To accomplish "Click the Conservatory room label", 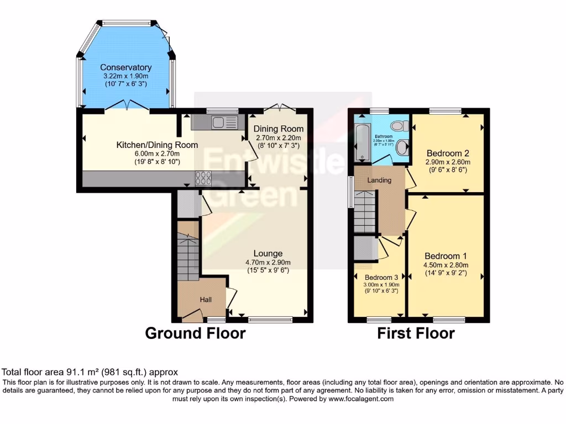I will (x=125, y=67).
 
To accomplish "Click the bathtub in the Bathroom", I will (x=362, y=142).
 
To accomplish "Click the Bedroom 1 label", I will (x=446, y=256).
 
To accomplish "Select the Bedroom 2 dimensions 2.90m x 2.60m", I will (x=448, y=162).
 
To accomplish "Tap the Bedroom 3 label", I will (x=381, y=277).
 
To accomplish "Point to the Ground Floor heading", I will (x=195, y=333).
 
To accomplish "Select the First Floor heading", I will (x=416, y=333).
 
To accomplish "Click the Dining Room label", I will (x=279, y=129).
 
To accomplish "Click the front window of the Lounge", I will (x=270, y=319).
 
